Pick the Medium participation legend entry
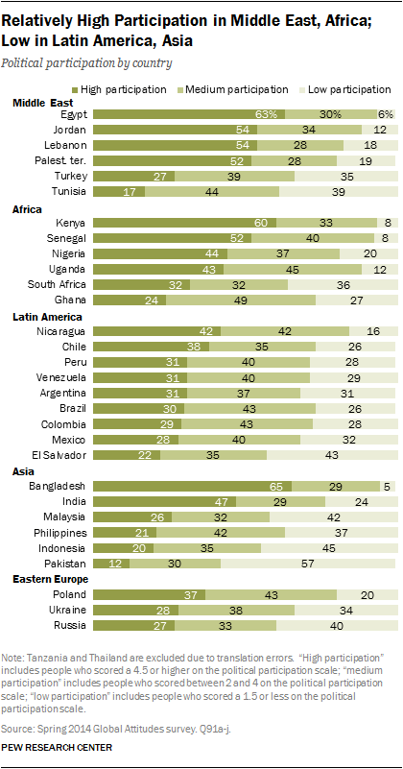click(244, 89)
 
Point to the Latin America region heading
click(49, 316)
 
